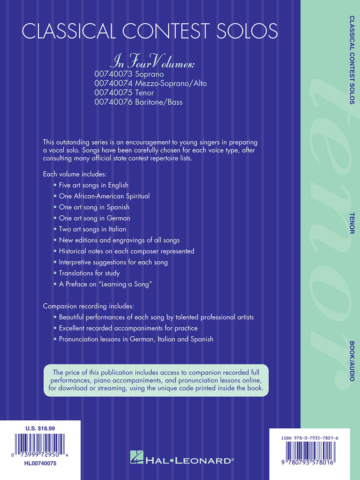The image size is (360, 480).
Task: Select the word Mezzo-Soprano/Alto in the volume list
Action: pyautogui.click(x=171, y=83)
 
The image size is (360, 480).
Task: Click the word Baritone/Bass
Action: pyautogui.click(x=159, y=102)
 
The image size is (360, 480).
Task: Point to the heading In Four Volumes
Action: pyautogui.click(x=152, y=63)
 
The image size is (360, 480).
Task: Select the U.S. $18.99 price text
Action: pyautogui.click(x=40, y=428)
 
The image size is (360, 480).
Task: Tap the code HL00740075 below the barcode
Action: pyautogui.click(x=40, y=463)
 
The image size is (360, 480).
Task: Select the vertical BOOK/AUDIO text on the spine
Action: pyautogui.click(x=352, y=361)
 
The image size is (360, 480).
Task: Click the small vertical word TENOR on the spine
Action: pyautogui.click(x=352, y=222)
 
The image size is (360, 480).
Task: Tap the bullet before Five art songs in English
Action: pyautogui.click(x=55, y=185)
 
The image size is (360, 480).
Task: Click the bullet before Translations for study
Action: pyautogui.click(x=55, y=273)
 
